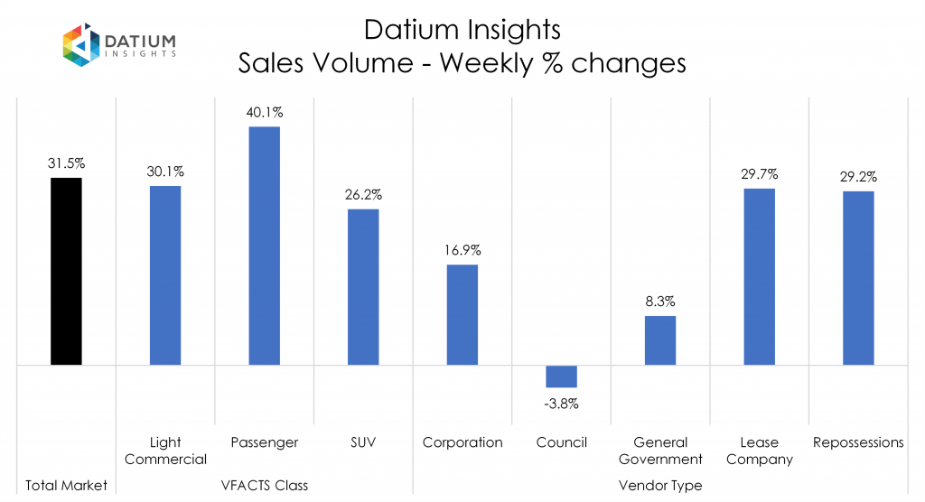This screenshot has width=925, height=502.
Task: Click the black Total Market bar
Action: click(66, 271)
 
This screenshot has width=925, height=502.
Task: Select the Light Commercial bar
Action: click(165, 275)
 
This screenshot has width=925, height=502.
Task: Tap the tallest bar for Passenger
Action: click(264, 246)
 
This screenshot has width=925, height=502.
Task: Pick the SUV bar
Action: click(363, 287)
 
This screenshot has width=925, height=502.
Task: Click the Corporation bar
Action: click(462, 314)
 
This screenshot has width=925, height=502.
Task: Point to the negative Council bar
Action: click(561, 376)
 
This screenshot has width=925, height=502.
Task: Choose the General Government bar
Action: click(660, 340)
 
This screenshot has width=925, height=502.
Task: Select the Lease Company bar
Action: click(760, 276)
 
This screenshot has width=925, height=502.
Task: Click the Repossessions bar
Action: click(858, 278)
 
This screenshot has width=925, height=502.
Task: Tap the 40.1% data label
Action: click(264, 113)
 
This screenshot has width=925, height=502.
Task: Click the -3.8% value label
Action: click(561, 404)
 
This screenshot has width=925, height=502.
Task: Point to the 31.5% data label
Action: click(66, 163)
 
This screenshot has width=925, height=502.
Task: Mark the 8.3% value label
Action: click(660, 302)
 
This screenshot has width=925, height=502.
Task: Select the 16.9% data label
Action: click(462, 250)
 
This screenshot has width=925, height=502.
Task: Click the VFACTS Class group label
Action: click(265, 485)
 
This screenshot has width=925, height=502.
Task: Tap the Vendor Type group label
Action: click(660, 485)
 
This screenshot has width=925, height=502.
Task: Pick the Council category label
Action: click(561, 442)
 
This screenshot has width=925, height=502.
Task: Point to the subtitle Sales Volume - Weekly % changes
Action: click(462, 63)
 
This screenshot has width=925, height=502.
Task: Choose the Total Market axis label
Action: click(66, 485)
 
